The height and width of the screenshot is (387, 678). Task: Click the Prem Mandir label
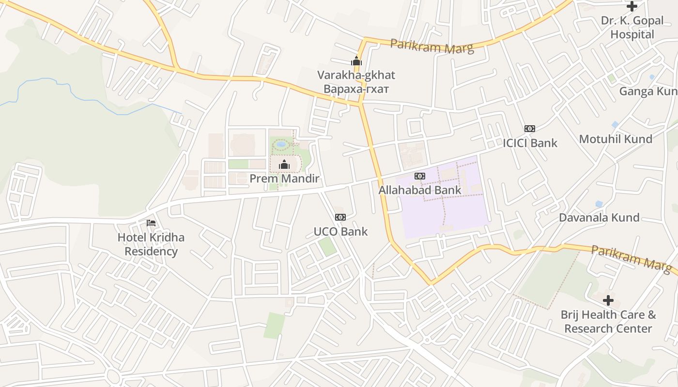284,179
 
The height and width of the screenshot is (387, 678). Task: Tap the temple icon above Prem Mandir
284,165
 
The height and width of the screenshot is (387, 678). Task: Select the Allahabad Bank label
420,190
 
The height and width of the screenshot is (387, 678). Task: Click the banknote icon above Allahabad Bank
420,176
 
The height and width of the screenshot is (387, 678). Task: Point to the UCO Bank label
340,231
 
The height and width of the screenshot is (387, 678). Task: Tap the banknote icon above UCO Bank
340,217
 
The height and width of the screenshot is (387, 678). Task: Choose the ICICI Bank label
530,143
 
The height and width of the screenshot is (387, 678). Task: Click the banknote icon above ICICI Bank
530,129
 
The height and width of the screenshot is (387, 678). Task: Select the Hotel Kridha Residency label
151,244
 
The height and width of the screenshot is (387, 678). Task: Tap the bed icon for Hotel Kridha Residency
151,223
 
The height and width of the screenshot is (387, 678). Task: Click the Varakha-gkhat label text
356,75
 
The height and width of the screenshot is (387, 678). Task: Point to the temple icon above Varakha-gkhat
356,61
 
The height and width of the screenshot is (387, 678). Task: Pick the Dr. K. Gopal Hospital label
632,28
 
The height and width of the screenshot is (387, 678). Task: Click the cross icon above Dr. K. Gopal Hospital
632,6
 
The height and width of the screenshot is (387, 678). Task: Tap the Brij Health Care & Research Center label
608,322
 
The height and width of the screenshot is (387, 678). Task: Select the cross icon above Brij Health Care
608,300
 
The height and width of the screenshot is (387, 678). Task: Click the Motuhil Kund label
616,139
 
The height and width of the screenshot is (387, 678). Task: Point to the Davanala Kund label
599,217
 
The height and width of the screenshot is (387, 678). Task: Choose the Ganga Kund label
648,91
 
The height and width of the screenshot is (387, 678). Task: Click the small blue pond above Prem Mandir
281,144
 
